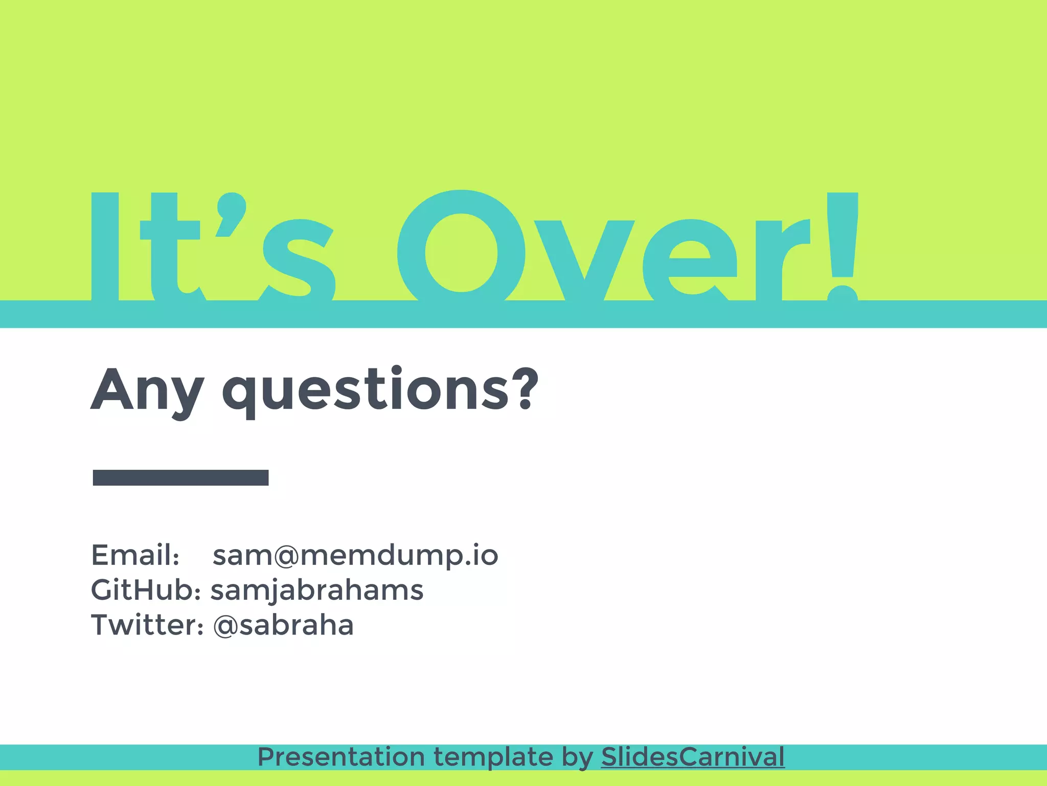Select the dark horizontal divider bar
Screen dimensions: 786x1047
pos(180,477)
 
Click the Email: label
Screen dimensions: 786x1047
pos(135,555)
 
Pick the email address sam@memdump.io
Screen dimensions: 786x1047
pos(355,555)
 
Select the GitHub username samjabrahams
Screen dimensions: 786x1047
pos(317,590)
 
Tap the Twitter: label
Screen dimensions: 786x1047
pos(147,625)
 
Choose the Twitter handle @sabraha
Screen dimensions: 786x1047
pos(283,625)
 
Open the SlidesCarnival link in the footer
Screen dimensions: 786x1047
pos(693,757)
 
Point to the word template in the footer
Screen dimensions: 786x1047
pos(493,757)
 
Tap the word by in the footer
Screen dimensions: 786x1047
pos(577,757)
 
